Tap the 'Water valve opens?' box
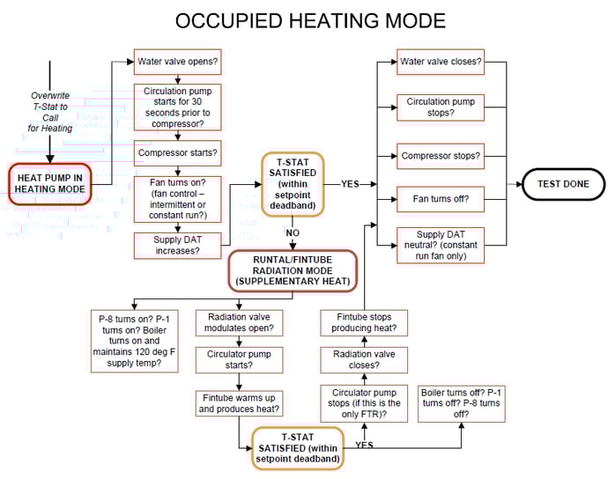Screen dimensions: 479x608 [x=178, y=63]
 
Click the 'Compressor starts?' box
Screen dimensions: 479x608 [x=178, y=151]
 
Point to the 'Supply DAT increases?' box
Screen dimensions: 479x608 [x=178, y=245]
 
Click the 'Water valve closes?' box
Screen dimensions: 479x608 [x=440, y=63]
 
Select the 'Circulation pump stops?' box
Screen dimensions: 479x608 [x=440, y=108]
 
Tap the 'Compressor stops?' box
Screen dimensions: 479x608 [x=440, y=157]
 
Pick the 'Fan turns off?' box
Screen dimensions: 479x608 [x=440, y=200]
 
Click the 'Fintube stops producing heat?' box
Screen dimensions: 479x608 [x=364, y=323]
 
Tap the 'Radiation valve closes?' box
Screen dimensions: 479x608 [x=364, y=360]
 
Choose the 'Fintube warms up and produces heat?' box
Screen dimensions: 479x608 [x=240, y=403]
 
